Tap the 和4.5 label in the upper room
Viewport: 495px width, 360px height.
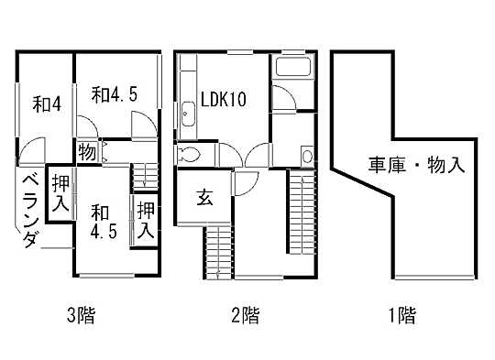click(x=113, y=93)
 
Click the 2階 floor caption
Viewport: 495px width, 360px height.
click(x=244, y=317)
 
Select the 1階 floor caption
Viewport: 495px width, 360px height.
click(x=401, y=317)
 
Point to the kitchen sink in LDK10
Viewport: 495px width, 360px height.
click(x=188, y=113)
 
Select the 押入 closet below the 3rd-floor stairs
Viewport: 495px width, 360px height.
click(x=145, y=220)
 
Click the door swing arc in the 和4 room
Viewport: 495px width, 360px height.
click(x=34, y=148)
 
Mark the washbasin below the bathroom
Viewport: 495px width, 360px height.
click(x=306, y=157)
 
